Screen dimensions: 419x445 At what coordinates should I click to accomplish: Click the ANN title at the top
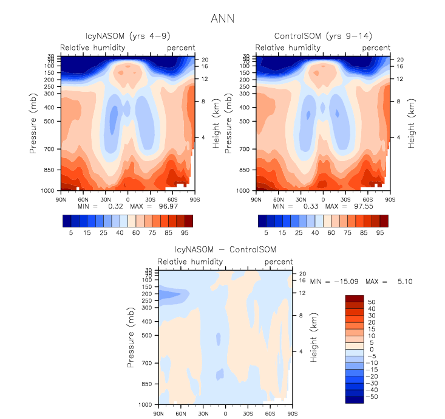[222, 18]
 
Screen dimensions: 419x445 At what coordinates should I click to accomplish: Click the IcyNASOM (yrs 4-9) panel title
[127, 36]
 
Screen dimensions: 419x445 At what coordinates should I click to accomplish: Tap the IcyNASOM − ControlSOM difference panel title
[225, 250]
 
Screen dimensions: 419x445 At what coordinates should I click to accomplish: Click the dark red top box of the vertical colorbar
[355, 298]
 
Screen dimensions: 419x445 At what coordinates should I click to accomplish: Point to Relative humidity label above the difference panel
[189, 261]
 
